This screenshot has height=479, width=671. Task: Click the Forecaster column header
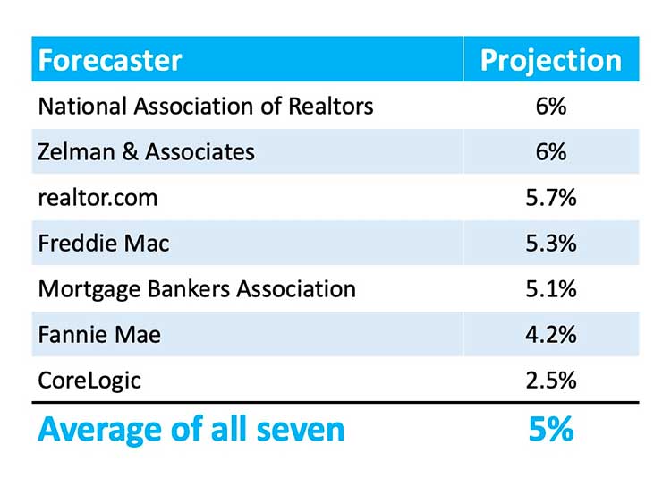110,60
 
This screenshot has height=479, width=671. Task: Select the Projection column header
550,60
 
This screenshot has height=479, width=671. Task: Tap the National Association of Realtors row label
205,106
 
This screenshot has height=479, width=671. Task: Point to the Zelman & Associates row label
146,151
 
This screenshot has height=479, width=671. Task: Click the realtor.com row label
98,197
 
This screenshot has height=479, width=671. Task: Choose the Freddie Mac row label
103,243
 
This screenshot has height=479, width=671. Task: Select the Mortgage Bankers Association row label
197,288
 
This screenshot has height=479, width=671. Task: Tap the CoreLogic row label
89,380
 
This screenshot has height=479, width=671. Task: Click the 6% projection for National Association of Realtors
550,106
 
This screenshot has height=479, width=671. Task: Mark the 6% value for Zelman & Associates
550,151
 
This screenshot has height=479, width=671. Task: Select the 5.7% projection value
550,197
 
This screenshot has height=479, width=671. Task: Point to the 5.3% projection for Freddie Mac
550,243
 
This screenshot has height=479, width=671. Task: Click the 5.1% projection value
550,288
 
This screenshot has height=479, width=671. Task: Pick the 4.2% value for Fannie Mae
550,334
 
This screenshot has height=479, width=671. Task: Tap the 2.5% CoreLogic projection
550,380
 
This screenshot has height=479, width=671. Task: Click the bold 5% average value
550,429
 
